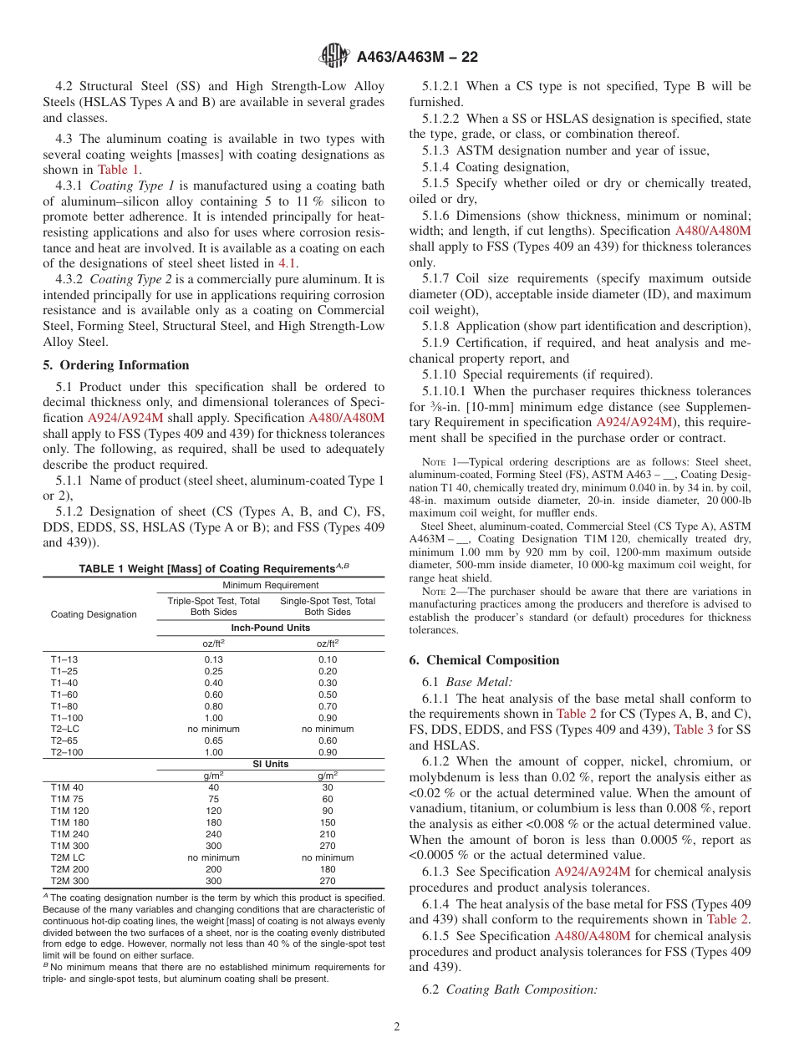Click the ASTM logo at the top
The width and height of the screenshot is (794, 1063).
click(334, 57)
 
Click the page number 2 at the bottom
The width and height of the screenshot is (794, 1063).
click(397, 1026)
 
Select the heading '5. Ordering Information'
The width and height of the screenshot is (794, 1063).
click(116, 365)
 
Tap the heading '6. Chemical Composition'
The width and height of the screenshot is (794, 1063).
click(484, 660)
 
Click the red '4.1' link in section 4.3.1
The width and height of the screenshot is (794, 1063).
click(287, 263)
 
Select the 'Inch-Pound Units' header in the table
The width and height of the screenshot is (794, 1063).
click(270, 628)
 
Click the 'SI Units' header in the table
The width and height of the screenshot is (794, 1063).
click(270, 764)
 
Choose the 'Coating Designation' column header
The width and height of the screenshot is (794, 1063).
click(94, 614)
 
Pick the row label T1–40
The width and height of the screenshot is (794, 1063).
click(64, 683)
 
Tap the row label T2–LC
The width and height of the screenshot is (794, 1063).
click(66, 729)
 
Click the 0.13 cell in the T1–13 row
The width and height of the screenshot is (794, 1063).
click(214, 659)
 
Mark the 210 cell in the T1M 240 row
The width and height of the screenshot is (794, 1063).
click(328, 833)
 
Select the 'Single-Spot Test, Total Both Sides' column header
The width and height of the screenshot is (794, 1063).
click(328, 607)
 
